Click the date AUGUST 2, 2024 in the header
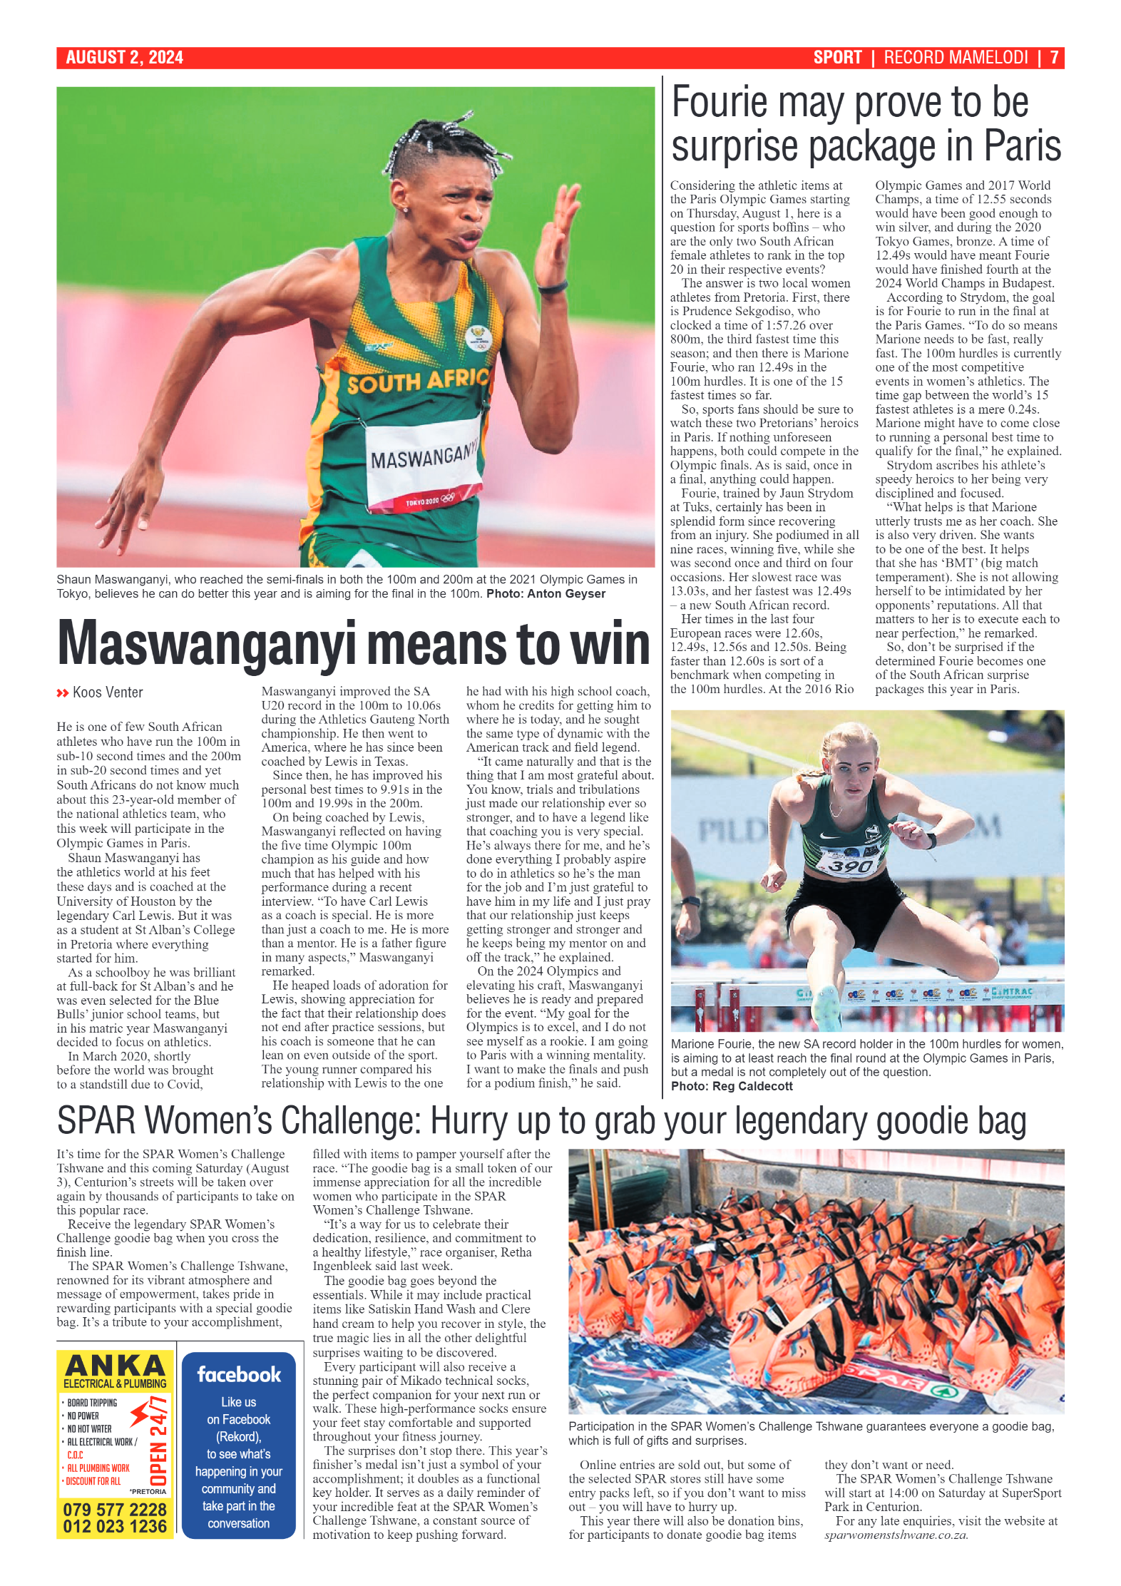124,58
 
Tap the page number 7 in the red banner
1054,58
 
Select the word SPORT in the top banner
837,58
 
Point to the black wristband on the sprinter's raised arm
552,287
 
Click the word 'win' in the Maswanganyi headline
610,644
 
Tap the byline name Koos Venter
108,692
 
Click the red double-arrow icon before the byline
63,693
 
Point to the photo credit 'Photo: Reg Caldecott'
732,1086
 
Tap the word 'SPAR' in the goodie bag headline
96,1122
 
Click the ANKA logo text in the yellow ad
115,1366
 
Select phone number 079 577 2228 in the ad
115,1509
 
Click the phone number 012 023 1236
115,1526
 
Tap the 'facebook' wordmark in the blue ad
239,1375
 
